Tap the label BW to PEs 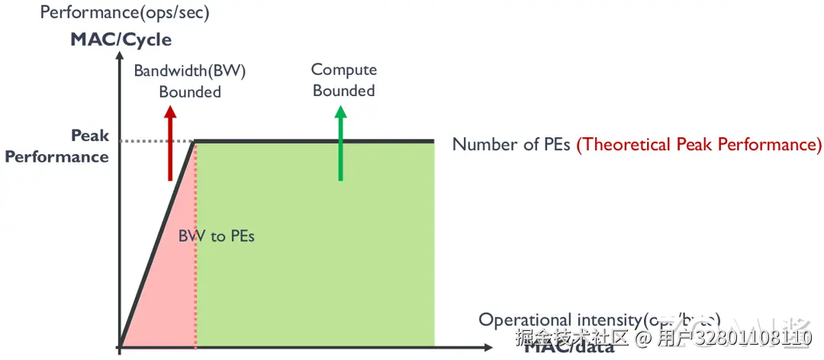click(x=217, y=236)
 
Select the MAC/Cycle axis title click(x=121, y=39)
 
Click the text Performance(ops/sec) click(x=124, y=12)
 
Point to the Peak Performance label click(x=58, y=146)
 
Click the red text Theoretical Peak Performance click(x=699, y=144)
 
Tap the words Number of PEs click(x=511, y=144)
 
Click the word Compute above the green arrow click(x=344, y=69)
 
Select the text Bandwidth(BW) click(x=190, y=71)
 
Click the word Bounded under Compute click(x=344, y=90)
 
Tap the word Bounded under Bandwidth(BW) click(x=190, y=92)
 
